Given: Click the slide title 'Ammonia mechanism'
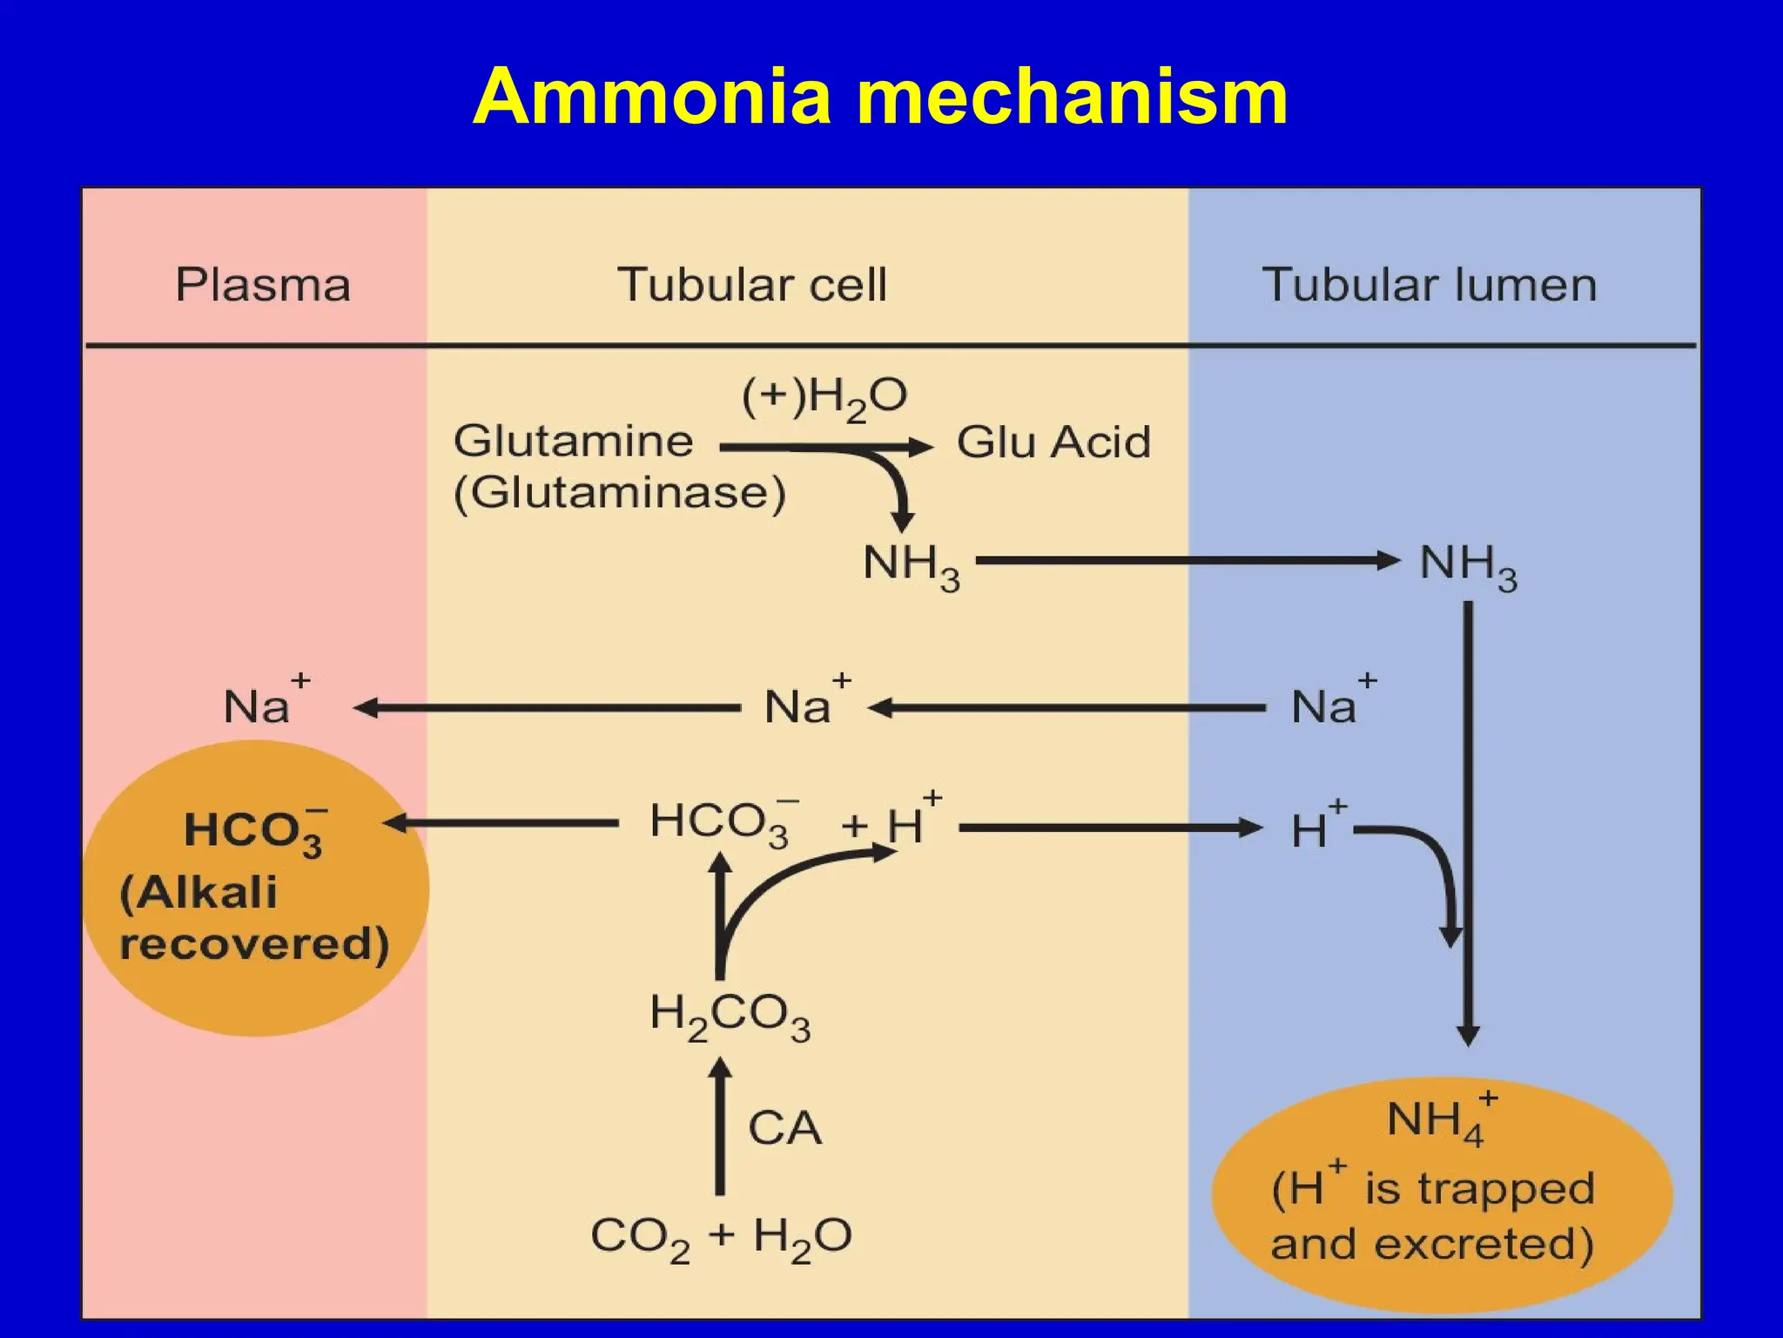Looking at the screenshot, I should [x=880, y=97].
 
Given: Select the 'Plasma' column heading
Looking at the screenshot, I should [x=263, y=285].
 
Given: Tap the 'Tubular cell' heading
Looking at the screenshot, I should [x=752, y=285].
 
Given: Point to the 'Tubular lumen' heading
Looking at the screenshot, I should [x=1429, y=285].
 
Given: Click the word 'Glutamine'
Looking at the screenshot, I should [x=573, y=441].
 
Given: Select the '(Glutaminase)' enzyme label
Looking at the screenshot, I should [x=619, y=493].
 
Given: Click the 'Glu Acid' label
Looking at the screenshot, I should [x=1053, y=443].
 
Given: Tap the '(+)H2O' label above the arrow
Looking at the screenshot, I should [x=824, y=399].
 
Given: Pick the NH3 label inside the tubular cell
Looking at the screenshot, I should [x=911, y=565].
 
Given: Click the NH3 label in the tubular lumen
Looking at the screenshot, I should [x=1468, y=565].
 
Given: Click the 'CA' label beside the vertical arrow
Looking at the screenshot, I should [x=784, y=1128].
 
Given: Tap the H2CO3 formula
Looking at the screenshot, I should [x=730, y=1017].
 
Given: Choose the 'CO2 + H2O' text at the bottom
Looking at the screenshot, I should [x=721, y=1237].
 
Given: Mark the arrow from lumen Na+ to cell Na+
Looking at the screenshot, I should [x=1066, y=708].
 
